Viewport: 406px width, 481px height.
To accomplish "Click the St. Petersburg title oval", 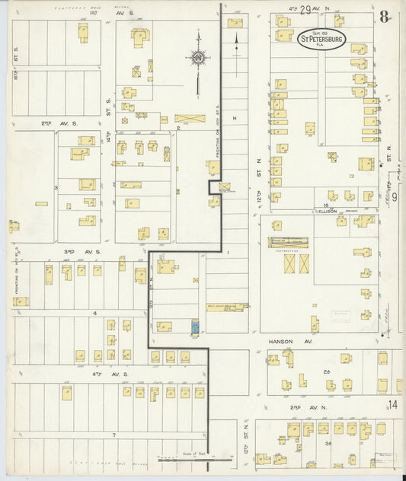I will pyautogui.click(x=321, y=40).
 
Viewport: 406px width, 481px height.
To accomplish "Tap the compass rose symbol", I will pyautogui.click(x=198, y=56).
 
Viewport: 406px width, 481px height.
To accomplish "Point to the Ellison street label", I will pyautogui.click(x=327, y=212).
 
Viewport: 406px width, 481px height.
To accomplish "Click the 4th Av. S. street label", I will pyautogui.click(x=92, y=374).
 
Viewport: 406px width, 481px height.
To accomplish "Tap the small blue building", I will pyautogui.click(x=193, y=327).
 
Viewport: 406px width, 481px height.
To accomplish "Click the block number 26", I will pyautogui.click(x=326, y=371).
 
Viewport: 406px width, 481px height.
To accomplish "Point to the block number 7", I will pyautogui.click(x=113, y=435).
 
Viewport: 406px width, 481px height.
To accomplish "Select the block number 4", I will pyautogui.click(x=94, y=312).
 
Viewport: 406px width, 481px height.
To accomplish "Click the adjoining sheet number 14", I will pyautogui.click(x=392, y=405).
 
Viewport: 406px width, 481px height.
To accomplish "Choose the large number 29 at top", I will pyautogui.click(x=305, y=10).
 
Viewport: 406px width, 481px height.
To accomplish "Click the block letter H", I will pyautogui.click(x=235, y=118).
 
